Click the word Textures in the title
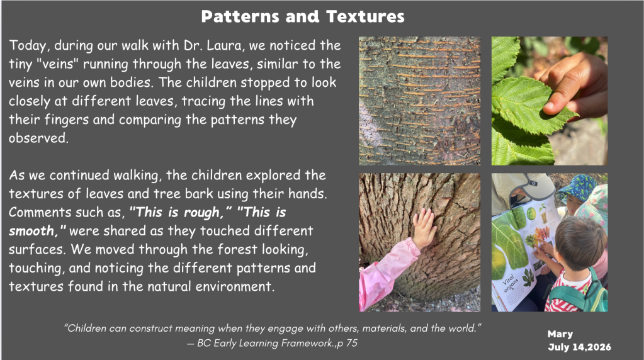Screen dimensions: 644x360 click(x=365, y=17)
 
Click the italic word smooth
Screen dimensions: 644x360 click(x=33, y=231)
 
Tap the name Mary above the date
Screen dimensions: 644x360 click(x=560, y=335)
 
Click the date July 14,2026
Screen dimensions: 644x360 click(x=579, y=347)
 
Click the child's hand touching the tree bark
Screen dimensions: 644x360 click(x=424, y=227)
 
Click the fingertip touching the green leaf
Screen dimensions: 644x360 click(x=549, y=107)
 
